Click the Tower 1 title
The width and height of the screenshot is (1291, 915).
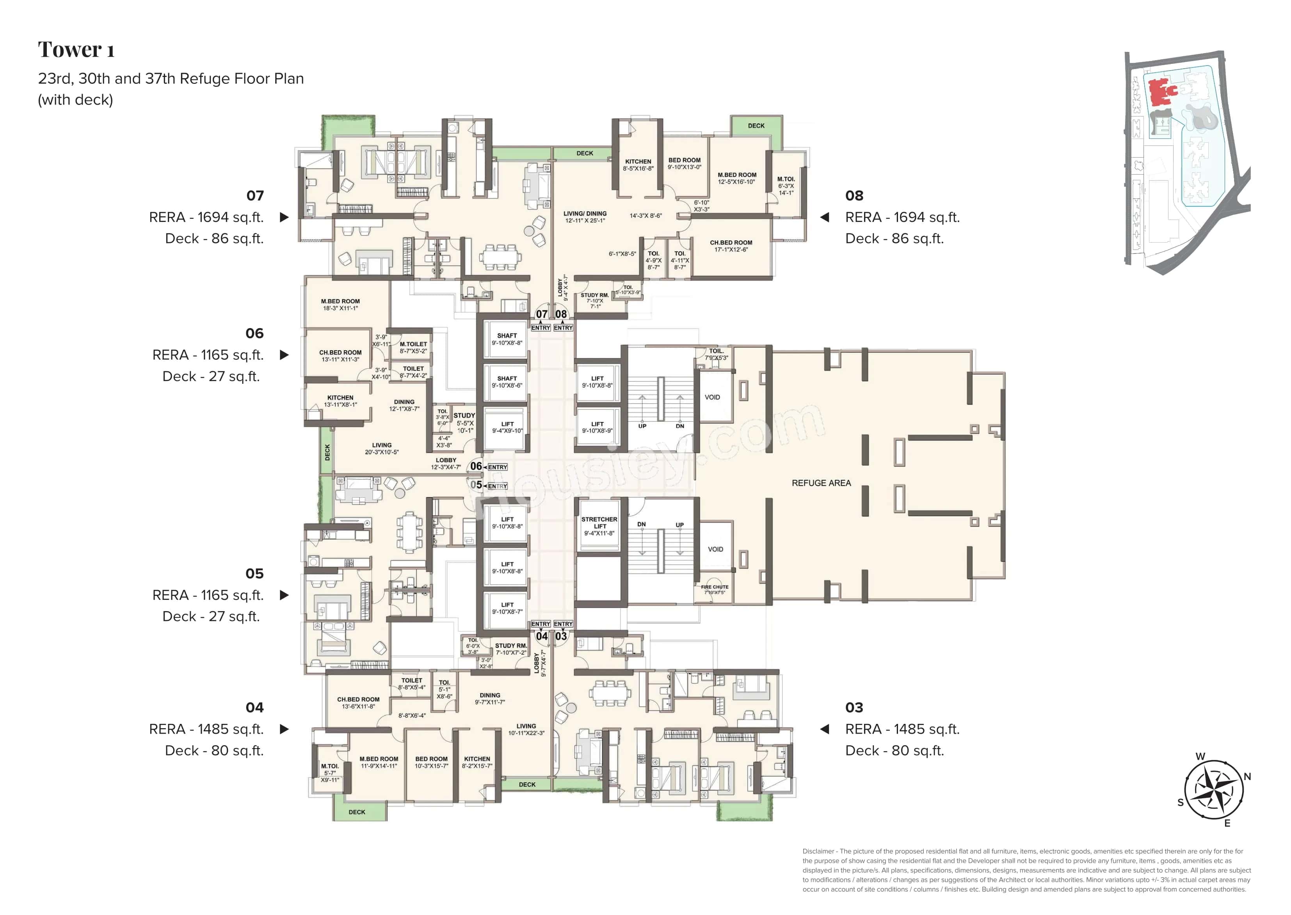point(76,50)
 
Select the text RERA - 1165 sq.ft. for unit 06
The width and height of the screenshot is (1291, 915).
point(208,355)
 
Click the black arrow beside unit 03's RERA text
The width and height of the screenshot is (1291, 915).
point(824,729)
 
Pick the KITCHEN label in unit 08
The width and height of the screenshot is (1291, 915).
point(638,162)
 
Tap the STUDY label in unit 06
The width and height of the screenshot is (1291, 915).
point(464,416)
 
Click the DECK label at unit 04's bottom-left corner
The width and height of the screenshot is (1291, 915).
point(356,812)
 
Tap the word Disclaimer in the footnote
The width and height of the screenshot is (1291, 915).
point(818,851)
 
